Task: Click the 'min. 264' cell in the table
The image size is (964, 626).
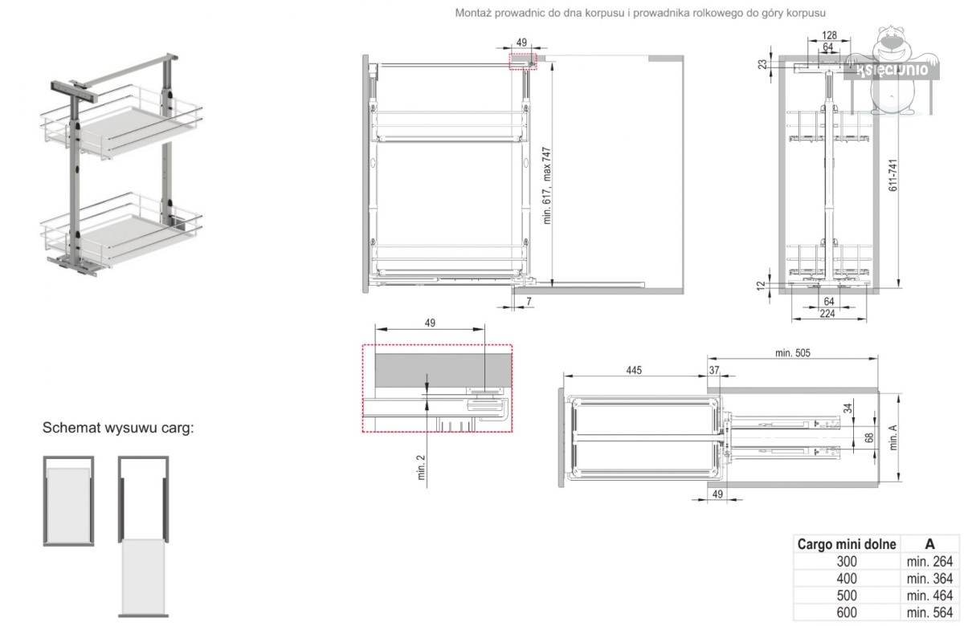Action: (929, 562)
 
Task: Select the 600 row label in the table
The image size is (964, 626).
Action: (847, 612)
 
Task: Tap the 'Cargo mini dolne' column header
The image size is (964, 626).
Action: (847, 544)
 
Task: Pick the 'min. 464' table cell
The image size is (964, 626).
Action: (929, 596)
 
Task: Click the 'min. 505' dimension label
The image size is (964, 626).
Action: (793, 353)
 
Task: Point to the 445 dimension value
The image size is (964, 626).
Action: (634, 370)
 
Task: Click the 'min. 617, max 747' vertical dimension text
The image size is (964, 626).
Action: (546, 185)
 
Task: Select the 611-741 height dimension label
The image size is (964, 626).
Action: (893, 175)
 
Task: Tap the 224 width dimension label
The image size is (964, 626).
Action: (827, 314)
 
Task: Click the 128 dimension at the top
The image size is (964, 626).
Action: (829, 35)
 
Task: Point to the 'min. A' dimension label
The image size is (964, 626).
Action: (893, 437)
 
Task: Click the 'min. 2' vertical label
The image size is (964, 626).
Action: (421, 467)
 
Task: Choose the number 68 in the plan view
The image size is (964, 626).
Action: (869, 437)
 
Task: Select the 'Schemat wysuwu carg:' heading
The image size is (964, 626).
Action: (118, 427)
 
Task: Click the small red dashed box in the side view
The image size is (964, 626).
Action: (523, 62)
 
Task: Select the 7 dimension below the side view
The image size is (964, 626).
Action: (529, 301)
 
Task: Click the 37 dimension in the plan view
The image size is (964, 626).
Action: (714, 370)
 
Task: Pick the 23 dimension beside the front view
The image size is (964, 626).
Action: (762, 64)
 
